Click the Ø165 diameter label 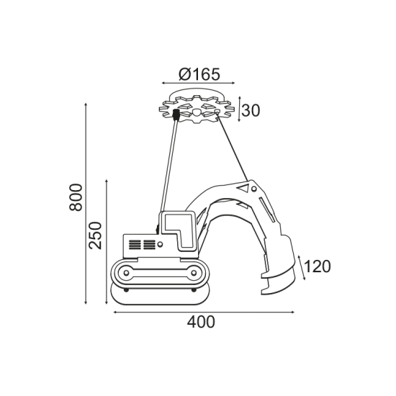coord(199,74)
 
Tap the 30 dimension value coord(251,110)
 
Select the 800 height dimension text coord(76,197)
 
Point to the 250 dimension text coord(95,235)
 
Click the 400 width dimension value coord(201,322)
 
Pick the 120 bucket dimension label coord(318,266)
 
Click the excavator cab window coord(179,230)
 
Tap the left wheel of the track coord(126,273)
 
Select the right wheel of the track coord(194,273)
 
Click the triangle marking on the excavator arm coord(243,188)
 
